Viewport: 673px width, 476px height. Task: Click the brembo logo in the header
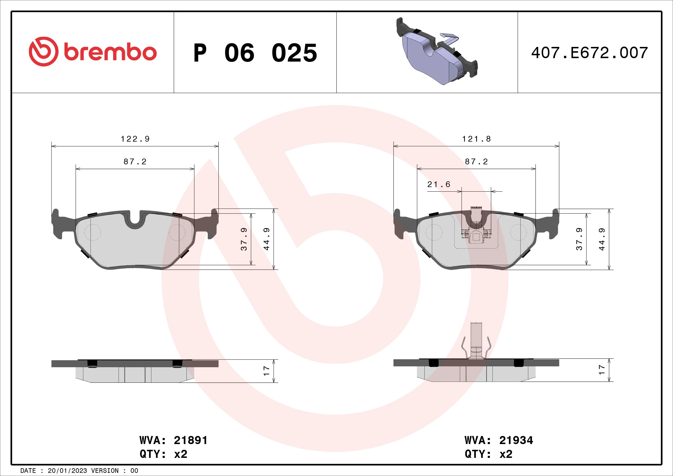pos(93,52)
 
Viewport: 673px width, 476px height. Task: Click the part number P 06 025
pos(255,53)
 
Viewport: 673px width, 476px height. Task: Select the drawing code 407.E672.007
pos(590,53)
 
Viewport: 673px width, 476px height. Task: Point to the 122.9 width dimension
pos(135,139)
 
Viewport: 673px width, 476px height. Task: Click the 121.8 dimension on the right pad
pos(476,139)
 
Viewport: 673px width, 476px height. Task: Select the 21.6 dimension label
pos(439,184)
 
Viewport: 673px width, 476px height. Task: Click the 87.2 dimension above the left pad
pos(135,161)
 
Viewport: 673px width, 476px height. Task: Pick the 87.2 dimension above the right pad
pos(476,161)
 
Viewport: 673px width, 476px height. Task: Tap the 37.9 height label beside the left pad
pos(244,239)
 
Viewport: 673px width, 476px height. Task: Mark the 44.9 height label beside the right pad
pos(602,239)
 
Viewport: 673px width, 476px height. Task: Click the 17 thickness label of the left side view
pos(266,371)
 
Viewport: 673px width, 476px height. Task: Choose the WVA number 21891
pos(190,440)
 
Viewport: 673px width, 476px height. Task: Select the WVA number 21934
pos(516,440)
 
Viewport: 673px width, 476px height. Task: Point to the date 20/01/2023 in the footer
pos(67,471)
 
